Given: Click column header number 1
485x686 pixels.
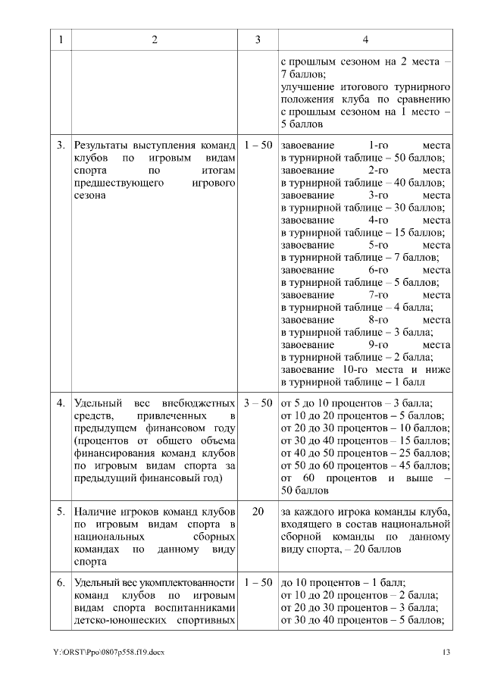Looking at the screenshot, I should coord(61,40).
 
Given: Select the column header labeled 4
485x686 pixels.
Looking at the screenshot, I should coord(365,40).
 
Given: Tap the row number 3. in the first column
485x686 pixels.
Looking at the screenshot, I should coord(61,145).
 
